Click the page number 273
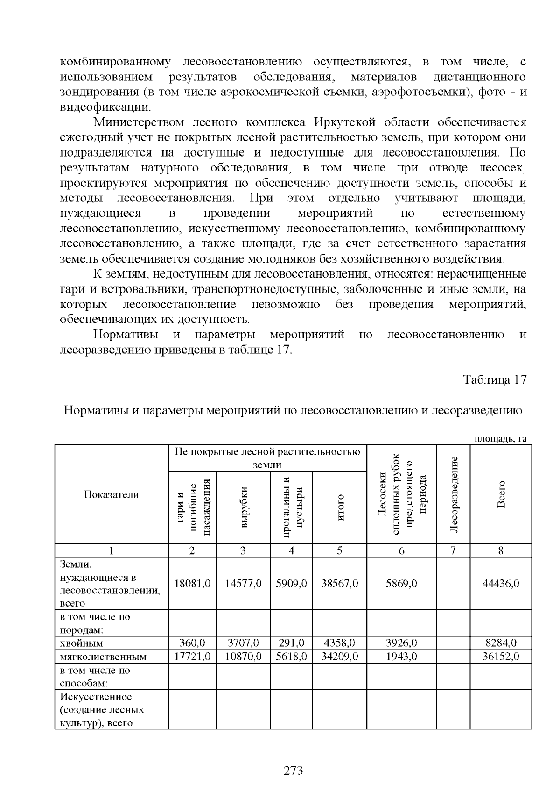(294, 770)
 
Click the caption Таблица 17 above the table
(495, 379)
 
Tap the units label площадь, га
(500, 439)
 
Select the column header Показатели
(112, 495)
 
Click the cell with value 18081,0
(192, 583)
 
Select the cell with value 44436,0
(501, 583)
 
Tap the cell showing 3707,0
(243, 643)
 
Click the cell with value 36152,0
(501, 656)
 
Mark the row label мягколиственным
(103, 657)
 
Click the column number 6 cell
(401, 550)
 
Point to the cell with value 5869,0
(401, 583)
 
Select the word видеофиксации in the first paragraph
(105, 107)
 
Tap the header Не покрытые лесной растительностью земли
(267, 458)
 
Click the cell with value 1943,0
(401, 656)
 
